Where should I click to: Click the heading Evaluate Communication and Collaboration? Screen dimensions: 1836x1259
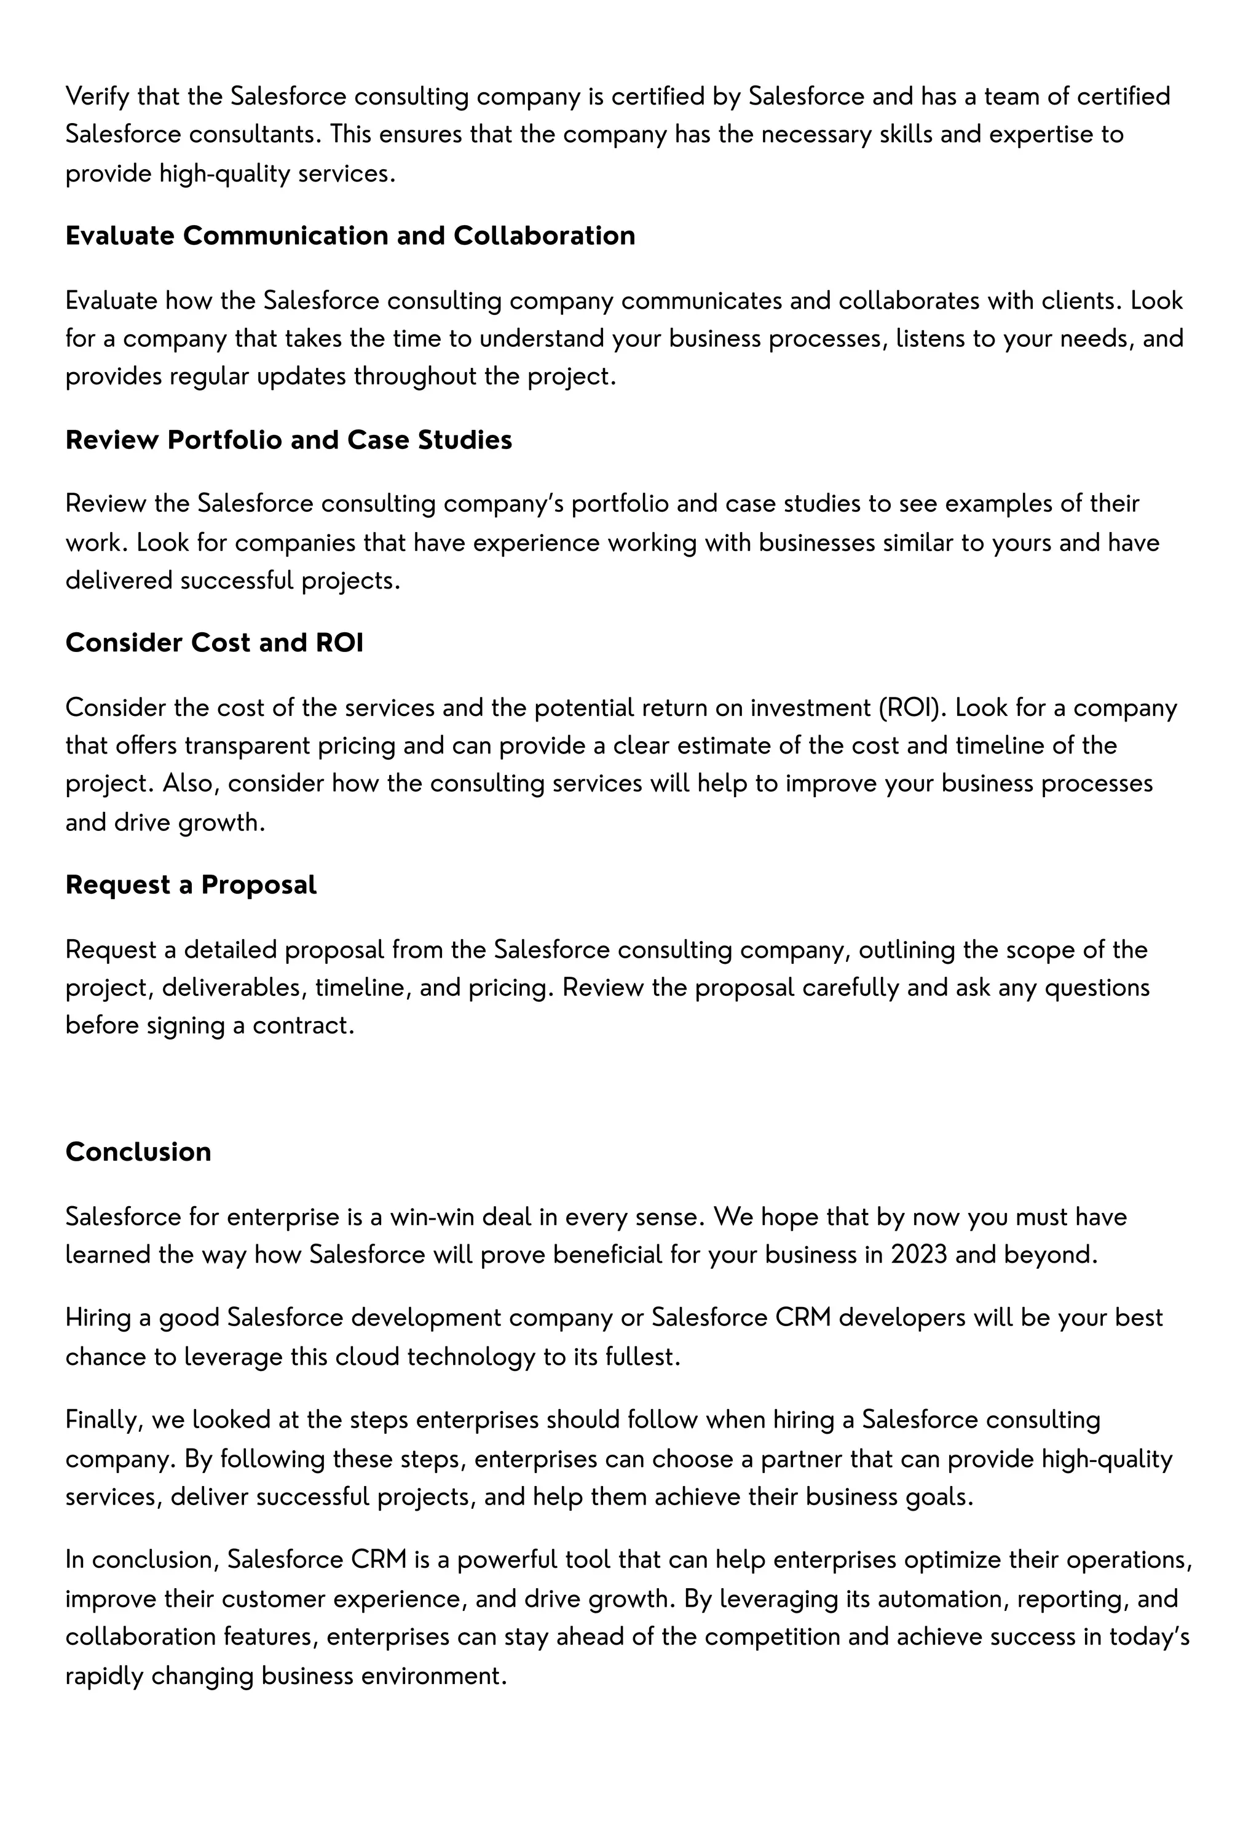click(350, 236)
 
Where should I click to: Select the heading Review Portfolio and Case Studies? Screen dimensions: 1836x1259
click(288, 439)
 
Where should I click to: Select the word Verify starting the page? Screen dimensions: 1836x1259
click(97, 97)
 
